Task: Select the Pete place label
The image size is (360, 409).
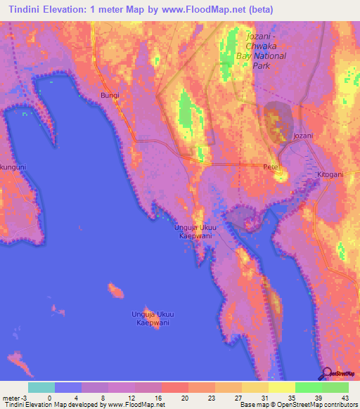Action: pyautogui.click(x=271, y=167)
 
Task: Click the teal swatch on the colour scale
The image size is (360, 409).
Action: pyautogui.click(x=41, y=387)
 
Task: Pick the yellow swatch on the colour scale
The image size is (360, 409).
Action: pyautogui.click(x=281, y=387)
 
